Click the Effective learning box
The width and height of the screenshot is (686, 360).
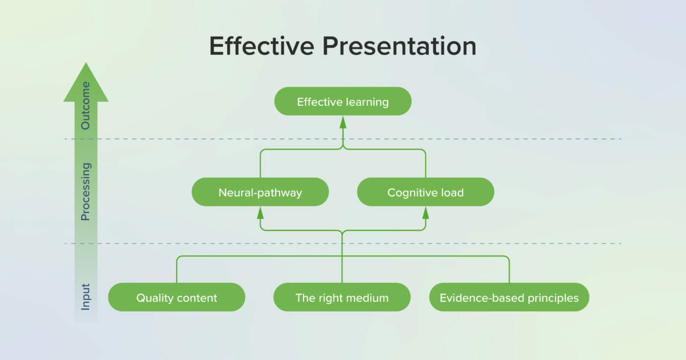[x=342, y=102]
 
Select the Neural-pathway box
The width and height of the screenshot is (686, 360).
[x=260, y=192]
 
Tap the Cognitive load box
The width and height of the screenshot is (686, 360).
[x=425, y=192]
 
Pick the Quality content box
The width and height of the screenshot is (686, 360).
[x=177, y=297]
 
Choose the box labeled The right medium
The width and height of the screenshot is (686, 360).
[x=342, y=297]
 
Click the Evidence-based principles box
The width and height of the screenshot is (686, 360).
[x=509, y=297]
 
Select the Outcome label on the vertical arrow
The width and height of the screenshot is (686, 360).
[x=86, y=106]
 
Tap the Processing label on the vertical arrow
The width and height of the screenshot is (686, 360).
[x=86, y=191]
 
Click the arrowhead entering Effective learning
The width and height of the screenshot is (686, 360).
[x=343, y=122]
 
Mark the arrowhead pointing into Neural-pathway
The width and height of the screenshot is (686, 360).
[x=260, y=213]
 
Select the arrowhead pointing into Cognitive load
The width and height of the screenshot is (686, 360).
[x=425, y=213]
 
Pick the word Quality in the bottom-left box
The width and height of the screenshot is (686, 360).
[x=154, y=298]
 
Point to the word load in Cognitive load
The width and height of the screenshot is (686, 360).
[x=453, y=193]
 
